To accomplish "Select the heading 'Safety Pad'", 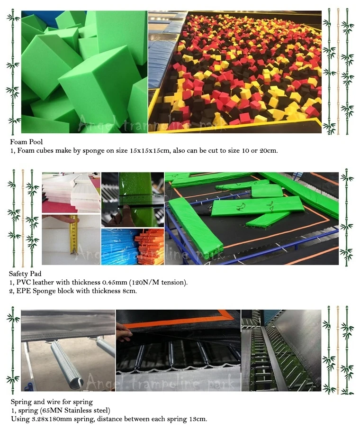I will (25, 274).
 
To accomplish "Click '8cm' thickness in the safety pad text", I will (128, 291).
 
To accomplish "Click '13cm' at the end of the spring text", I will (198, 419).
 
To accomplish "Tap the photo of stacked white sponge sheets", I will (71, 192).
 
